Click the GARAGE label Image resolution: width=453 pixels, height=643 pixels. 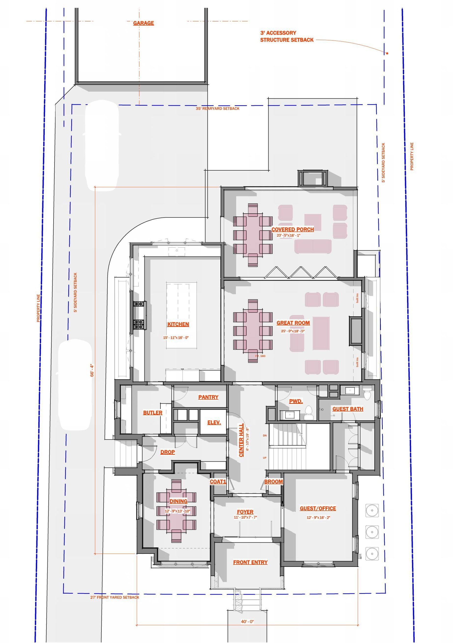coord(143,23)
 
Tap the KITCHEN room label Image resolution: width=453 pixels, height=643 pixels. coord(178,324)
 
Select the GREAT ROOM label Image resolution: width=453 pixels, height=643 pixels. coord(293,323)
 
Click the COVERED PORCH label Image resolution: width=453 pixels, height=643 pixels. coord(292,229)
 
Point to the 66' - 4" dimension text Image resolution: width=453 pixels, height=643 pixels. coord(92,370)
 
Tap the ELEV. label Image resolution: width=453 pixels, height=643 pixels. coord(214,423)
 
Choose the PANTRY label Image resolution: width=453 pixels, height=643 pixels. coord(208,397)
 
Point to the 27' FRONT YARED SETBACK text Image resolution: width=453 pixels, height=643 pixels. coord(114,597)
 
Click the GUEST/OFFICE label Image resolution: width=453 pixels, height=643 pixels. coord(318,508)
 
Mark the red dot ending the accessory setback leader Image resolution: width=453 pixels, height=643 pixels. coord(387,53)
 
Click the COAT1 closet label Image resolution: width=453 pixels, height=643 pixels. coord(218,482)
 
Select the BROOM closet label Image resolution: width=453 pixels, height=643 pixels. coord(273,482)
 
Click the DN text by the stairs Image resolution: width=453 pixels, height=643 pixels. coord(265,436)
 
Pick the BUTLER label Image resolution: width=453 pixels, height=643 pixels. coord(152,413)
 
